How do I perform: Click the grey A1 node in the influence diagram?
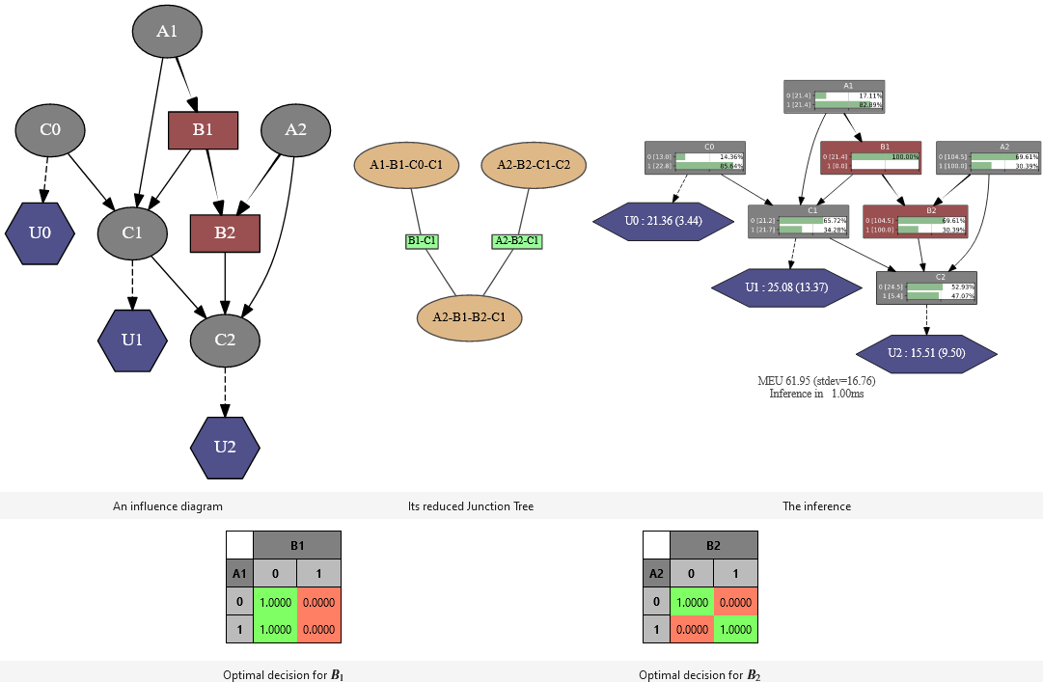pyautogui.click(x=167, y=32)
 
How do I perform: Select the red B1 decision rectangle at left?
pyautogui.click(x=203, y=130)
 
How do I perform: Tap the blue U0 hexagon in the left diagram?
pyautogui.click(x=40, y=233)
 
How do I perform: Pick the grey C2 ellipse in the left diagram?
pyautogui.click(x=225, y=340)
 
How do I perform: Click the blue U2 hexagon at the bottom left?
pyautogui.click(x=225, y=447)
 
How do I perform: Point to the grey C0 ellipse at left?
pyautogui.click(x=50, y=129)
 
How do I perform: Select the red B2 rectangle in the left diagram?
pyautogui.click(x=225, y=233)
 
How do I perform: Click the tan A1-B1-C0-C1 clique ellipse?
pyautogui.click(x=406, y=165)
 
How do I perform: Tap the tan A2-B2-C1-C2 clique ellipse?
pyautogui.click(x=534, y=165)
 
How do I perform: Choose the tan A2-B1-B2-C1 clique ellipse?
pyautogui.click(x=470, y=316)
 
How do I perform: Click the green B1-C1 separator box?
pyautogui.click(x=422, y=240)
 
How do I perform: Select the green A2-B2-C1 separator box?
pyautogui.click(x=517, y=240)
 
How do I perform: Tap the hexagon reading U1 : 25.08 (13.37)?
pyautogui.click(x=786, y=287)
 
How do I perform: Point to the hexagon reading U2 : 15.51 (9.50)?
pyautogui.click(x=926, y=353)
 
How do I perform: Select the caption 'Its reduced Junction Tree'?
pyautogui.click(x=470, y=505)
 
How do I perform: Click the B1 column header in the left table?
pyautogui.click(x=297, y=545)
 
